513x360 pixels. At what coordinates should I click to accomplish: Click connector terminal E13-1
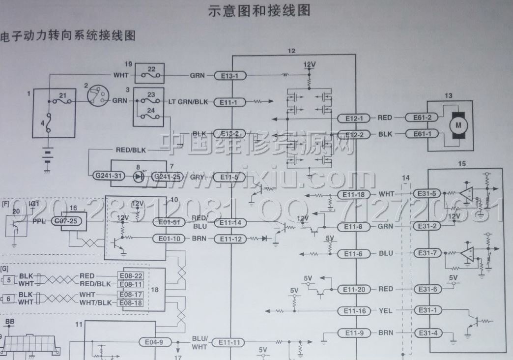229,76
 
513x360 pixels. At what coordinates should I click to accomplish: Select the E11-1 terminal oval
229,102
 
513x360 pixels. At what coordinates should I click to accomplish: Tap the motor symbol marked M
458,125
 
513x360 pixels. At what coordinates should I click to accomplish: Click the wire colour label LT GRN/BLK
188,102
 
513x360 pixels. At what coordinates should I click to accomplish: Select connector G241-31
107,176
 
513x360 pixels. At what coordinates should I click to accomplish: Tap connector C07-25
65,222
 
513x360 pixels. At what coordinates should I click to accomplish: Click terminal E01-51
168,221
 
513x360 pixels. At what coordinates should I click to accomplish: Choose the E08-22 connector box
131,276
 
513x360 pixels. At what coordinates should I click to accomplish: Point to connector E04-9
155,342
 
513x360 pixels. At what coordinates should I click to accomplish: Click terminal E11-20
354,289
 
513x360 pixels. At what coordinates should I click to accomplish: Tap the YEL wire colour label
386,311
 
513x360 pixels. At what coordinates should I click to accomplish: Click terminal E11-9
354,333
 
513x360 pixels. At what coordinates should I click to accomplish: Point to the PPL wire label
39,222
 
